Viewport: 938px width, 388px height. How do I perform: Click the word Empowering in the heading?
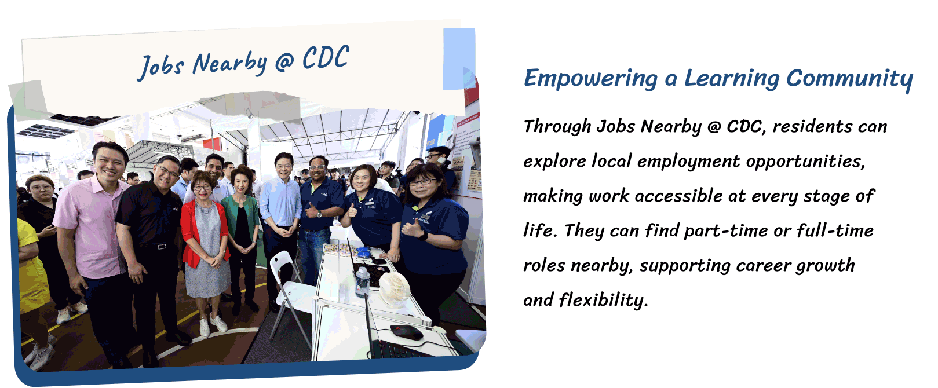tap(591, 79)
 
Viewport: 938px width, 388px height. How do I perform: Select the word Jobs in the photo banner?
tap(161, 67)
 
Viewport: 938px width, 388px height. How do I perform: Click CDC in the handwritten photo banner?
tap(326, 57)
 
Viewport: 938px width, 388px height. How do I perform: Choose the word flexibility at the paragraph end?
tap(604, 300)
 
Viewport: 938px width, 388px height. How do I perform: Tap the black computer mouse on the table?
tap(407, 331)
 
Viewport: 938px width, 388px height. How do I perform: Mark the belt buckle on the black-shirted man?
tap(159, 247)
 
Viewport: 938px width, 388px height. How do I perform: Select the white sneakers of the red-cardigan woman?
tap(212, 324)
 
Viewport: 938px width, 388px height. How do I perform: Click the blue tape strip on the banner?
tap(459, 58)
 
